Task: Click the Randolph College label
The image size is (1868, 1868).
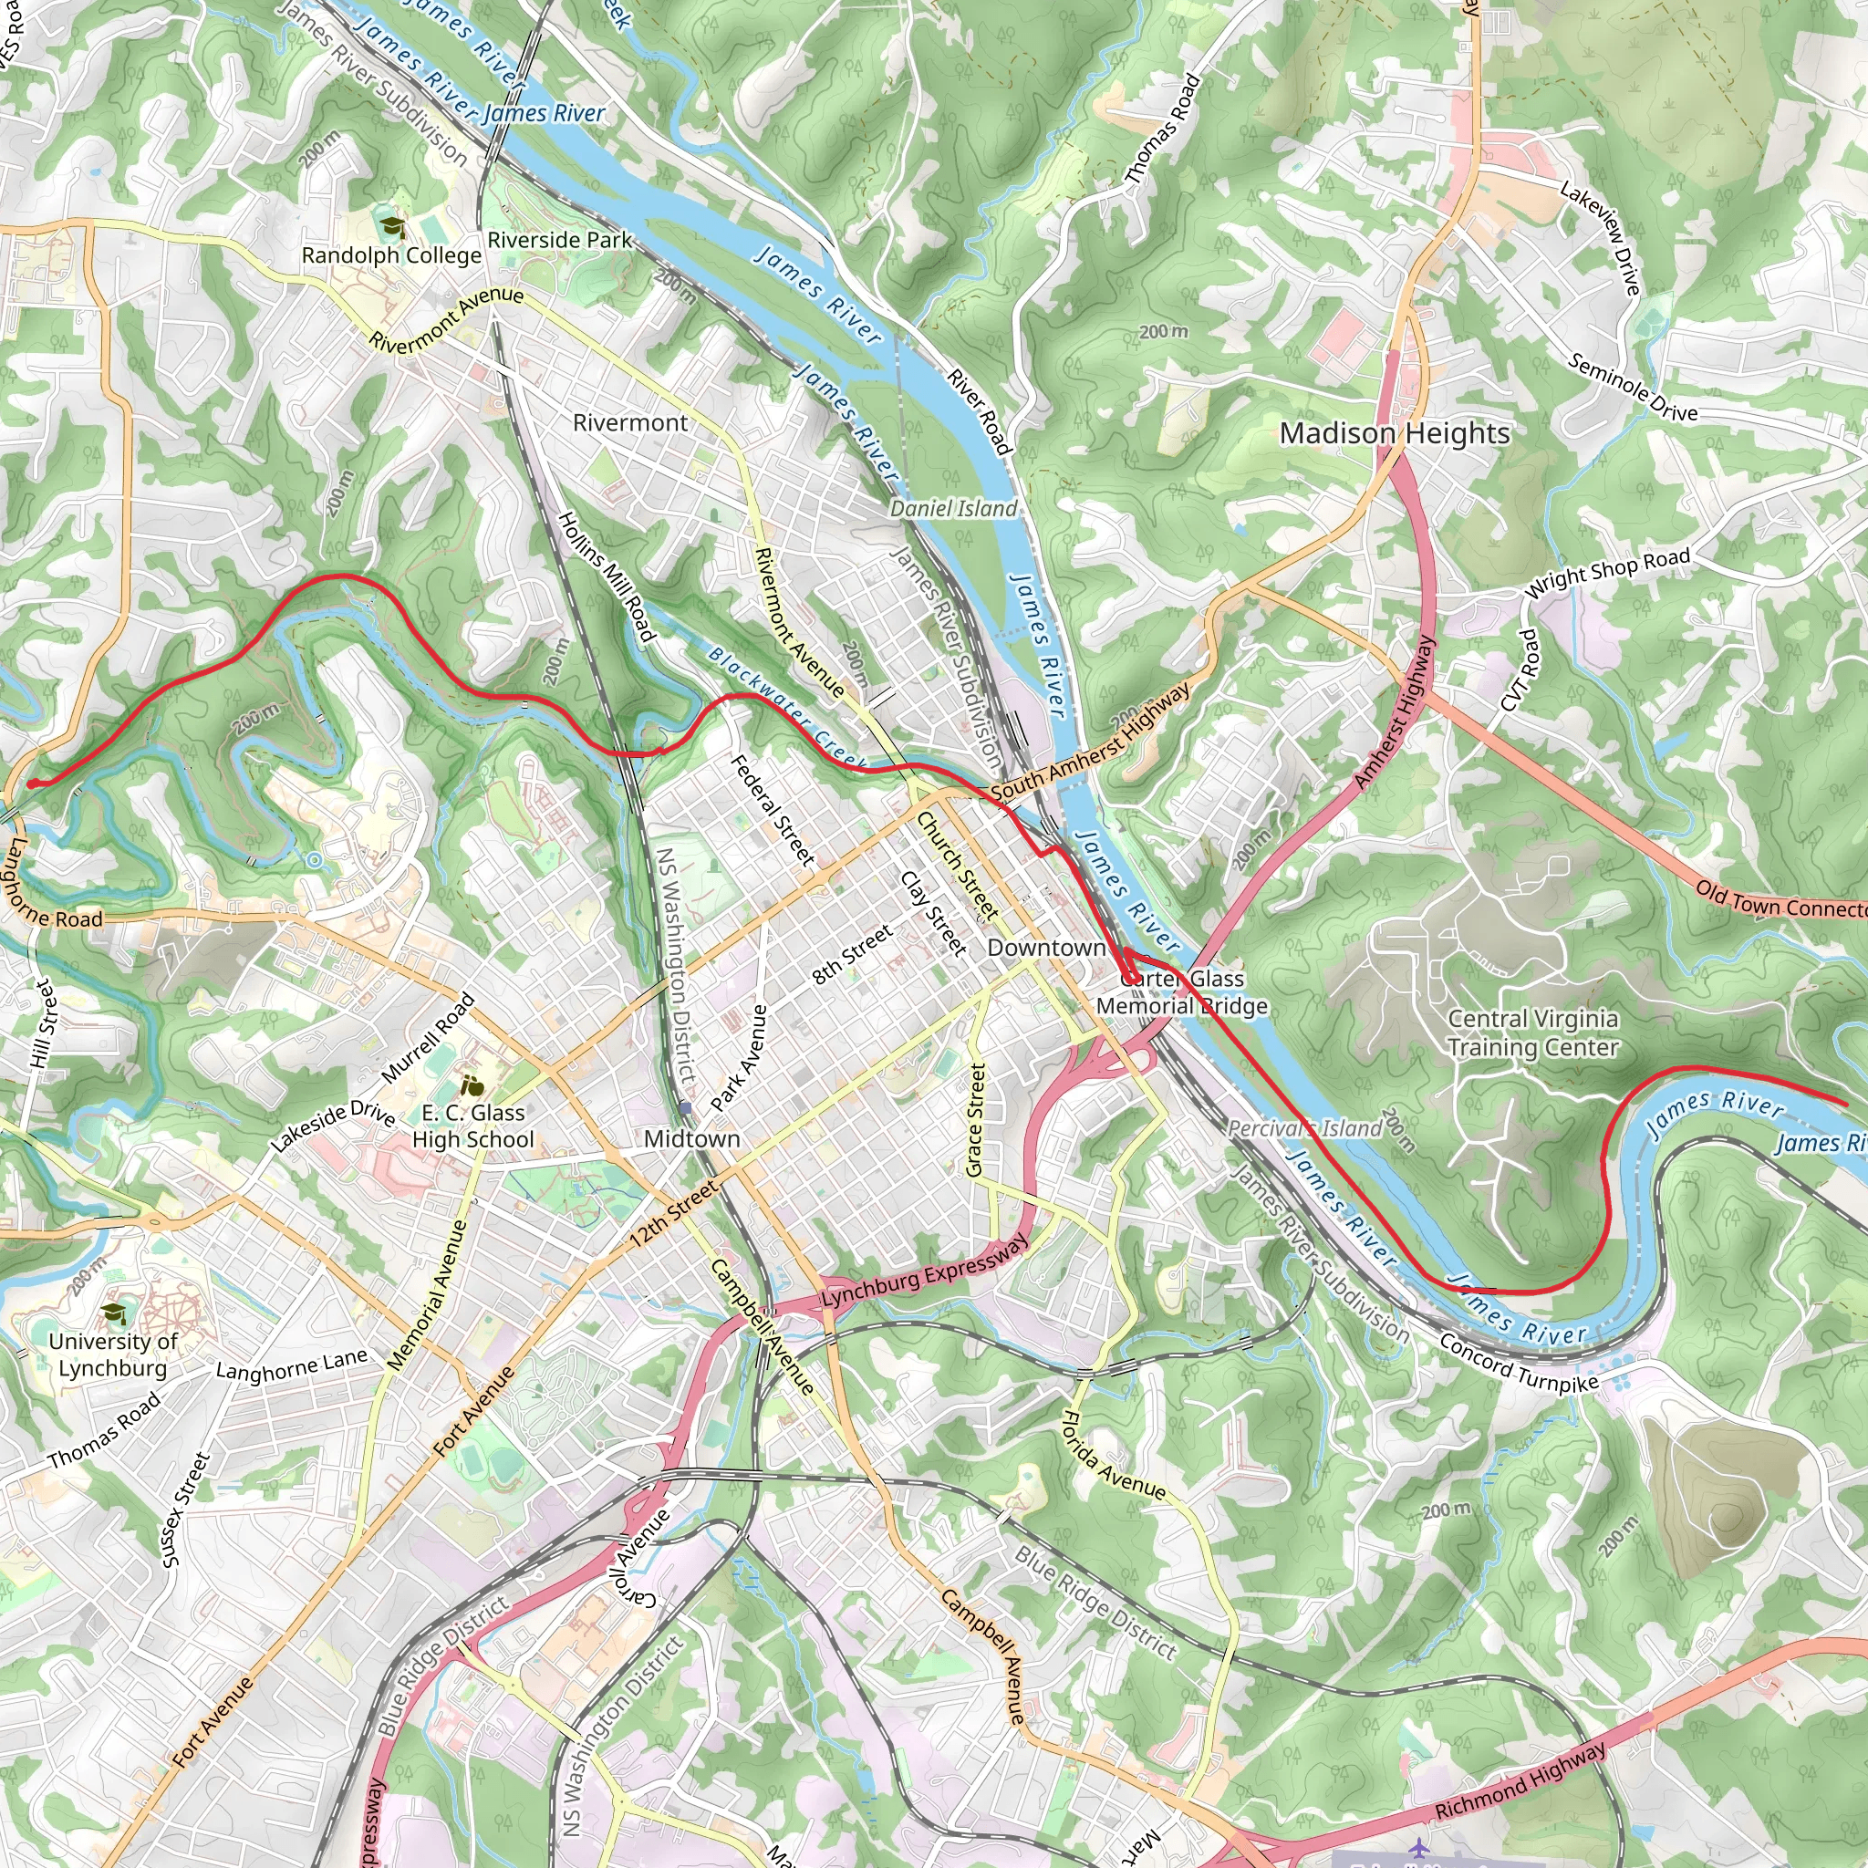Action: point(390,255)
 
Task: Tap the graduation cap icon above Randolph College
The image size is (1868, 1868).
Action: point(391,227)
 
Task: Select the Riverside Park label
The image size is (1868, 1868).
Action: point(559,240)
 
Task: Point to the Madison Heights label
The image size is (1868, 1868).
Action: point(1395,434)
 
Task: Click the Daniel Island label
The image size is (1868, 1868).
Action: point(952,509)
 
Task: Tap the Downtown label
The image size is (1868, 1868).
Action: point(1045,948)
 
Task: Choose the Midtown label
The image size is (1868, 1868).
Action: point(691,1139)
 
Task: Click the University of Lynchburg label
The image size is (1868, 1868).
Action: point(112,1354)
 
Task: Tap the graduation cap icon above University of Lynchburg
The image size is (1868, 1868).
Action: point(114,1313)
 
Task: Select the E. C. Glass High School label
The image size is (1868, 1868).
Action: point(472,1126)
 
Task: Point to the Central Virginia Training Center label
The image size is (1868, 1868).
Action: point(1532,1033)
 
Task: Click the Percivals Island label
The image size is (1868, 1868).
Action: point(1304,1128)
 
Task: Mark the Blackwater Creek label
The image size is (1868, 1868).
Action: point(787,709)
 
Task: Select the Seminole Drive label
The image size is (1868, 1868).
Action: point(1632,388)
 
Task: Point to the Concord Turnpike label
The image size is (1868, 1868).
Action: point(1518,1364)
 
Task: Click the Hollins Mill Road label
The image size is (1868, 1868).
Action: point(607,576)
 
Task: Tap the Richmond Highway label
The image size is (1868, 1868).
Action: point(1520,1780)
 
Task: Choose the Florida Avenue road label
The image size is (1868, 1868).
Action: point(1113,1455)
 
